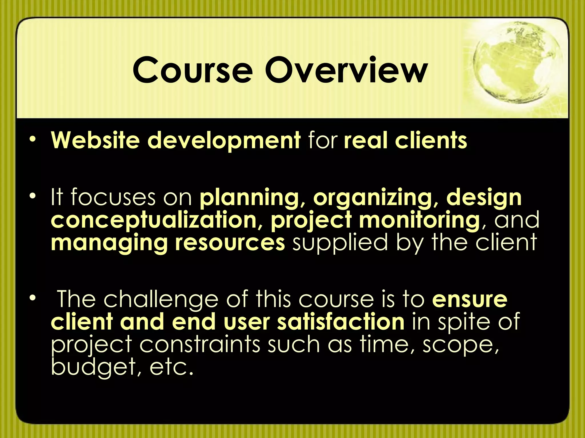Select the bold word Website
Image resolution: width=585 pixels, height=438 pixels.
click(95, 140)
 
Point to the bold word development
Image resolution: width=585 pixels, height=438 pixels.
click(224, 141)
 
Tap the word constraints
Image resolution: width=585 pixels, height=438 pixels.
click(200, 344)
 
